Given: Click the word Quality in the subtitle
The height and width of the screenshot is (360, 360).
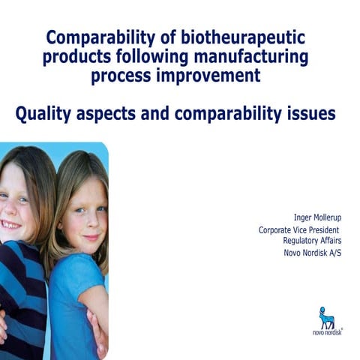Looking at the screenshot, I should (x=46, y=115).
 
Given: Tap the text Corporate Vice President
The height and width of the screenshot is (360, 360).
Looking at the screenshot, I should (x=298, y=230).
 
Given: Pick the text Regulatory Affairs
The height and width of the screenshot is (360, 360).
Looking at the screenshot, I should (x=311, y=241).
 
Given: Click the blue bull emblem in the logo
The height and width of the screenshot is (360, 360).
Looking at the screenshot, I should (x=327, y=318).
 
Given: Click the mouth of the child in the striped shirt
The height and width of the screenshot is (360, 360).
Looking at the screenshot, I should (x=9, y=224).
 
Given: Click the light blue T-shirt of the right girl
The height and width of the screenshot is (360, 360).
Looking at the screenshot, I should (x=75, y=300).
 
